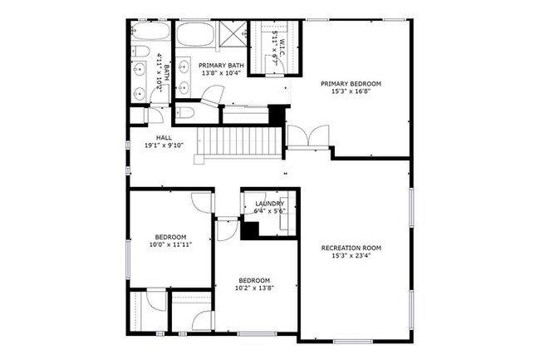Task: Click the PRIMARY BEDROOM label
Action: click(x=356, y=84)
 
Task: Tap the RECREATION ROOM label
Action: click(x=351, y=248)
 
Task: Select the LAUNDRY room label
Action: click(x=270, y=204)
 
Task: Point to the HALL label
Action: click(x=164, y=137)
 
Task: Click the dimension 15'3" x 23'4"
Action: click(x=351, y=256)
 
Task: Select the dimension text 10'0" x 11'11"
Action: click(x=169, y=244)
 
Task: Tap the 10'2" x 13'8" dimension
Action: click(x=256, y=288)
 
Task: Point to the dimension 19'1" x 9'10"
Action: click(x=164, y=145)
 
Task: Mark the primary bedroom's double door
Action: click(x=307, y=137)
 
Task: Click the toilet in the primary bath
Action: click(x=186, y=112)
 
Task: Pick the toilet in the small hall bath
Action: click(x=138, y=115)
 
